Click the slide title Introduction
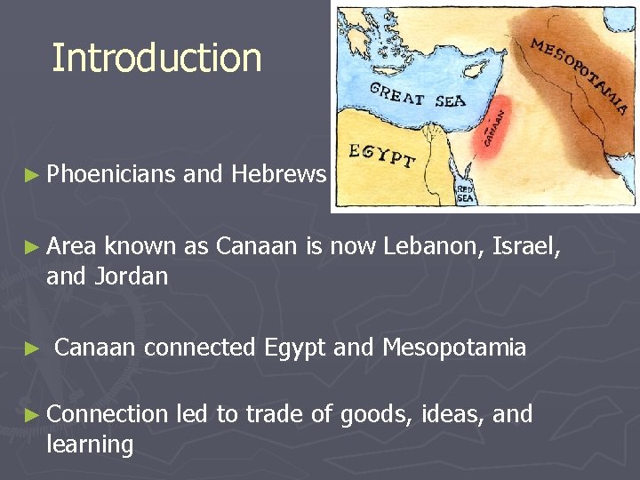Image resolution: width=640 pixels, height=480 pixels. (x=156, y=58)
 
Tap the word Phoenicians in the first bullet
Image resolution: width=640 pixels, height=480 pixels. (x=111, y=174)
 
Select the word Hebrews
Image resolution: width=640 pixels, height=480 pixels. (x=278, y=174)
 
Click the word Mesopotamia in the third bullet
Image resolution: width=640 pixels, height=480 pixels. (x=453, y=347)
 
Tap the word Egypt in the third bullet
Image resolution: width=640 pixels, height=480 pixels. (x=295, y=348)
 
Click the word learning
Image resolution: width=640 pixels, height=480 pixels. (x=89, y=445)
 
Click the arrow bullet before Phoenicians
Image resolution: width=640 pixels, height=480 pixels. (x=34, y=175)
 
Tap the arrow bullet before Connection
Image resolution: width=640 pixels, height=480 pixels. (x=34, y=415)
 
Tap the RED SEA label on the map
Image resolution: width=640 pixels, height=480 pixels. (x=465, y=195)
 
